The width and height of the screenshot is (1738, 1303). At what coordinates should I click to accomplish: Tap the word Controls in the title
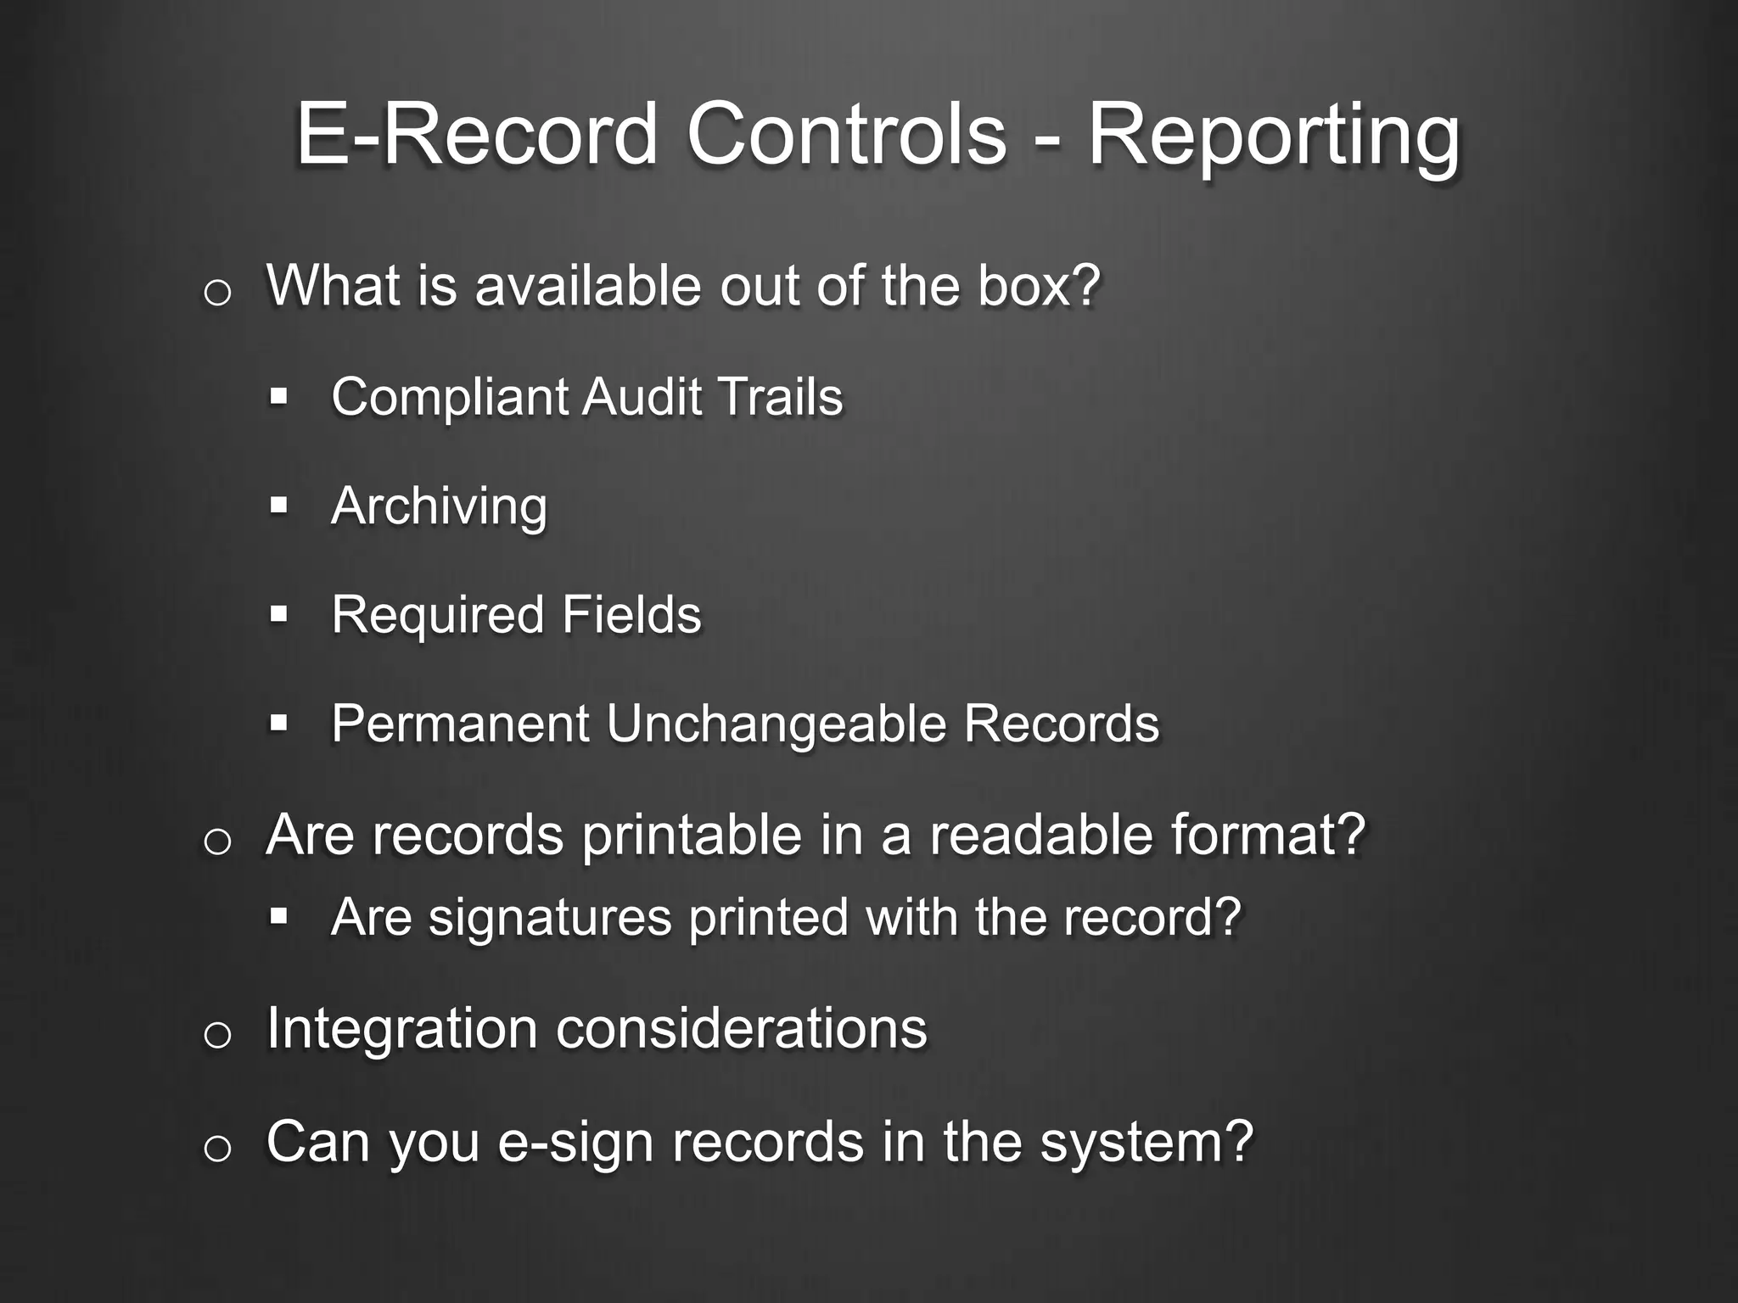coord(846,134)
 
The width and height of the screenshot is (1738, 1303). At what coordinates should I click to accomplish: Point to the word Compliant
coord(451,398)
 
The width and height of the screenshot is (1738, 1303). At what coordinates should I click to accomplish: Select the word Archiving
coord(439,507)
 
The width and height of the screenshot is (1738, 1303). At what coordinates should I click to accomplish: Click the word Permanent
coord(460,724)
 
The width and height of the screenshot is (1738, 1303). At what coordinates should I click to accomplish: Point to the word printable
coord(692,835)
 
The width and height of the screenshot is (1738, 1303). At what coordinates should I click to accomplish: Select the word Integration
coord(401,1029)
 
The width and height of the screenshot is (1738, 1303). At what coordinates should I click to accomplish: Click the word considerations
coord(741,1029)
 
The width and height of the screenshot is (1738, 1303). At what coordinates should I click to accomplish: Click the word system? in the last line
coord(1147,1143)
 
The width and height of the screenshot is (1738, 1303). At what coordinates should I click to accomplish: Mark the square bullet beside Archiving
coord(278,506)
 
